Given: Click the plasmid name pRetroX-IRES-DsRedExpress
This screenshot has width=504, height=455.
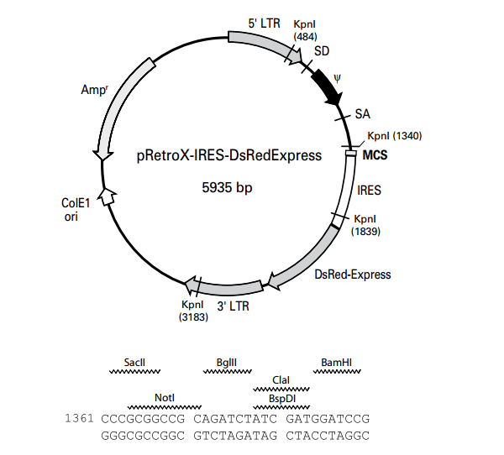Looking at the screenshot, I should tap(228, 155).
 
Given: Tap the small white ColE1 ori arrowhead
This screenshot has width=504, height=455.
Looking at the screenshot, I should tap(107, 196).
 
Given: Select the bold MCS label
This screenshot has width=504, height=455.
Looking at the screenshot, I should tap(375, 154).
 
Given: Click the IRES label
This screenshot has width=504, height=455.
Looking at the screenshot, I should tap(369, 191).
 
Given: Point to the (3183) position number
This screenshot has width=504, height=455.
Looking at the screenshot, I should tap(193, 316).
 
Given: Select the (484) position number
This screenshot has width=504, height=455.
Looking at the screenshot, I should tap(304, 36).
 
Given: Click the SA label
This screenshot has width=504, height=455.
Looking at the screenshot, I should tap(363, 113).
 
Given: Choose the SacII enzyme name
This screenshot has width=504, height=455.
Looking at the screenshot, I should tap(134, 362).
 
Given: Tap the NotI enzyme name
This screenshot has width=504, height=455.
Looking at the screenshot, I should tap(164, 397).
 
